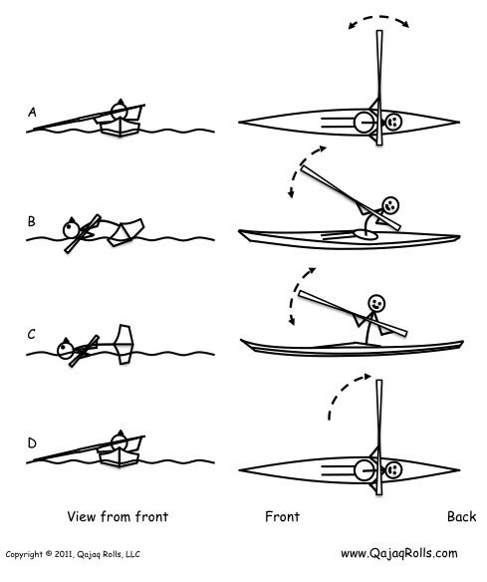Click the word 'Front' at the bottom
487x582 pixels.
click(x=284, y=517)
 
